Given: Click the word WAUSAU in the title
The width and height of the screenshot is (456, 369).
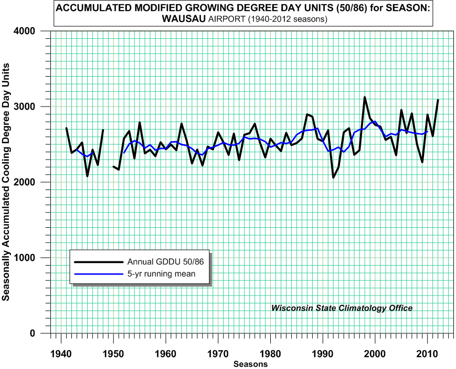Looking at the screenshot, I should coord(184,19).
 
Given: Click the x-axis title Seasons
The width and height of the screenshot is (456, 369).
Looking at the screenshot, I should coord(250,364).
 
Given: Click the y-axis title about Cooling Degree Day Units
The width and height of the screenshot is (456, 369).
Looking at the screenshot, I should coord(6,182).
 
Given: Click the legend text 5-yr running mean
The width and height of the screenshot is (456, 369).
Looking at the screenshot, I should coord(161,273).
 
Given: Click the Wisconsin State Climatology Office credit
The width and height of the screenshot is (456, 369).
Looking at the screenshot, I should coord(342,308).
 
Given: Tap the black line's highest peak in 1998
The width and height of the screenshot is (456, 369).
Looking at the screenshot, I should coord(365,97).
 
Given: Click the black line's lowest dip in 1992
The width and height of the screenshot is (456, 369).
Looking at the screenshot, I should coord(333,177).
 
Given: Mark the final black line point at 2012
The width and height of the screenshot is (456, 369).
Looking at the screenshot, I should coord(438,100).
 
